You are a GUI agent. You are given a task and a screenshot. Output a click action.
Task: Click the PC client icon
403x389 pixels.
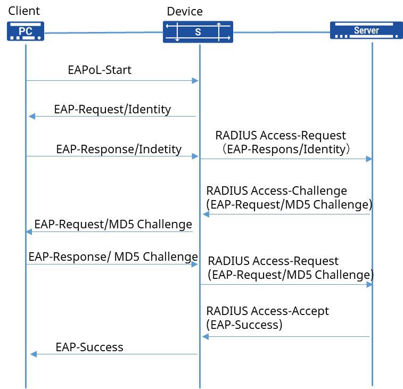pyautogui.click(x=26, y=31)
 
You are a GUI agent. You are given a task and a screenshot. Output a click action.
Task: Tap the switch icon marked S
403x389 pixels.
pyautogui.click(x=198, y=32)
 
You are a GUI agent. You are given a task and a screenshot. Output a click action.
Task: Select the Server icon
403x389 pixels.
pyautogui.click(x=366, y=30)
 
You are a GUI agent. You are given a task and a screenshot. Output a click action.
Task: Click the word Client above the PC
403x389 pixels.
pyautogui.click(x=24, y=11)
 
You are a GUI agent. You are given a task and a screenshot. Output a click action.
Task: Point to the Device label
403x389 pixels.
pyautogui.click(x=185, y=11)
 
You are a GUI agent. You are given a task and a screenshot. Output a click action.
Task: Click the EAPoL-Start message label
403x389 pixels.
pyautogui.click(x=100, y=70)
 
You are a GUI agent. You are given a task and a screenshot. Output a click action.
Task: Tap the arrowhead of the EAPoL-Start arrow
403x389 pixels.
pyautogui.click(x=195, y=81)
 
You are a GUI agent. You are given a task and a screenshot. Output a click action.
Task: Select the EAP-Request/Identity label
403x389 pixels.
pyautogui.click(x=112, y=109)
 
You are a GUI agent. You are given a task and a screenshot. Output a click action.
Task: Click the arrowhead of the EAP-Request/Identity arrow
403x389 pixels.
pyautogui.click(x=32, y=116)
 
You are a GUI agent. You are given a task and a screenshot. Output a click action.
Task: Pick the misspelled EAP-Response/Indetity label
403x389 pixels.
pyautogui.click(x=119, y=150)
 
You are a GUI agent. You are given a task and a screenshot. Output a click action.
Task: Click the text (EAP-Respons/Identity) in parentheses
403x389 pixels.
pyautogui.click(x=286, y=149)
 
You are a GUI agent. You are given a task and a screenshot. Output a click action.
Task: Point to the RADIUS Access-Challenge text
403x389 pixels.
pyautogui.click(x=276, y=191)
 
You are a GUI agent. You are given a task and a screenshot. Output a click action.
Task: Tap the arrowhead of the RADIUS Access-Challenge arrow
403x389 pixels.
pyautogui.click(x=206, y=214)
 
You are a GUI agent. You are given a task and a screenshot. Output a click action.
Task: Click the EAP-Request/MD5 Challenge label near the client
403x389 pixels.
pyautogui.click(x=113, y=224)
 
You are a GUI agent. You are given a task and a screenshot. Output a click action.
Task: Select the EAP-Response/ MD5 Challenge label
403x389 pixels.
pyautogui.click(x=113, y=256)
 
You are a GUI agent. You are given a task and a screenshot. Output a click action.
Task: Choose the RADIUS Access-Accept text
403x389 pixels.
pyautogui.click(x=268, y=311)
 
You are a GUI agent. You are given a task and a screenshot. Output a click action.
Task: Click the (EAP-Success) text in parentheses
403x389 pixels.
pyautogui.click(x=244, y=325)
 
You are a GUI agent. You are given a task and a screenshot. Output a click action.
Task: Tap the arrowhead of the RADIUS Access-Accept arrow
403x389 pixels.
pyautogui.click(x=205, y=337)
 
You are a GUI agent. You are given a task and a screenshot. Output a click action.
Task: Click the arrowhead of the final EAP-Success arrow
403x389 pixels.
pyautogui.click(x=34, y=354)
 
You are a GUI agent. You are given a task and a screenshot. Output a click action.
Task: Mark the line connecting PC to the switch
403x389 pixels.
pyautogui.click(x=104, y=32)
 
